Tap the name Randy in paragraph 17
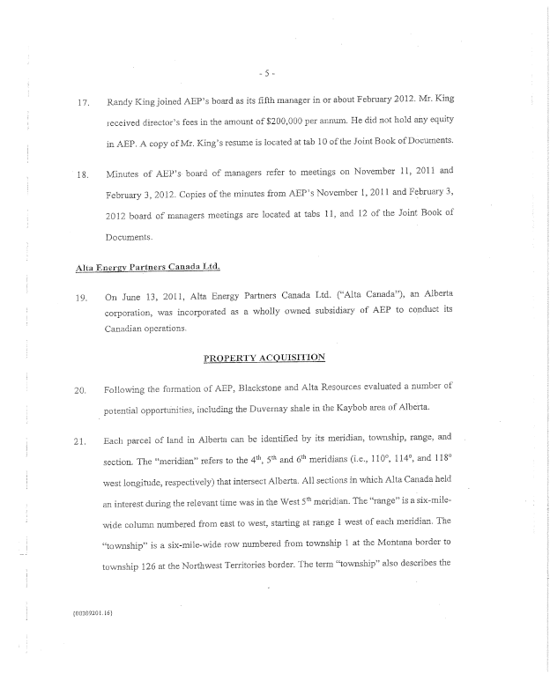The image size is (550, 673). [120, 102]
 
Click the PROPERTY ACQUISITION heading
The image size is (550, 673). [264, 358]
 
